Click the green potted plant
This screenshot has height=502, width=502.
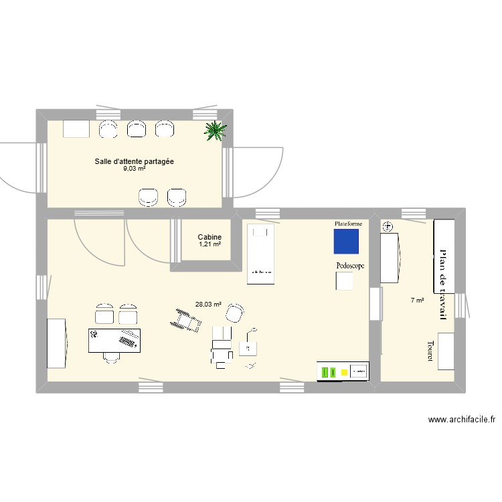click(x=214, y=131)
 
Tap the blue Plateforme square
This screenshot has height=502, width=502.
click(x=346, y=242)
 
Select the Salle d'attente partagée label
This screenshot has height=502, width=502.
click(x=135, y=161)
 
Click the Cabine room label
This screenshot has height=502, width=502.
click(x=210, y=237)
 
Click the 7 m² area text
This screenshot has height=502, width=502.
click(x=417, y=301)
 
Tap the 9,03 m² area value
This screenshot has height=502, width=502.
click(x=134, y=169)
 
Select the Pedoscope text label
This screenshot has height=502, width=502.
click(x=350, y=266)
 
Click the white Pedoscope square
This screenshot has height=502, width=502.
click(x=345, y=281)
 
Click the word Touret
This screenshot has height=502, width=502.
click(x=430, y=353)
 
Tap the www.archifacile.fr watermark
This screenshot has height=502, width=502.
click(x=462, y=420)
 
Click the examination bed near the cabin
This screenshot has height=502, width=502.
click(x=261, y=254)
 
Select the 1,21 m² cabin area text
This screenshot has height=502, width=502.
click(x=210, y=244)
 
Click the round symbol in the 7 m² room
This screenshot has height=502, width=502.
click(x=386, y=228)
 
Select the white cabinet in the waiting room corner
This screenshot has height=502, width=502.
click(x=76, y=129)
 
